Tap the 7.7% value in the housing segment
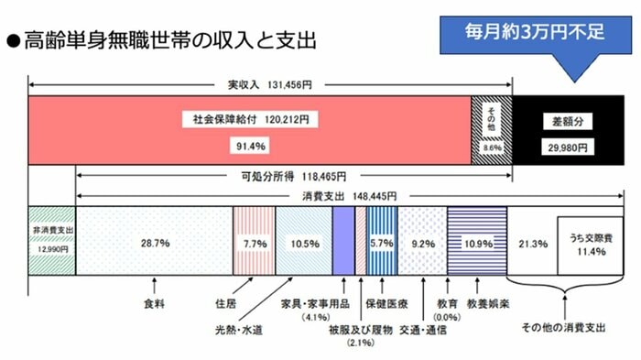coord(254,244)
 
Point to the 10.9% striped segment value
coord(475,244)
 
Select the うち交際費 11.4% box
coord(586,245)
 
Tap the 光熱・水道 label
coord(239,330)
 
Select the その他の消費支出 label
coord(563,330)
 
